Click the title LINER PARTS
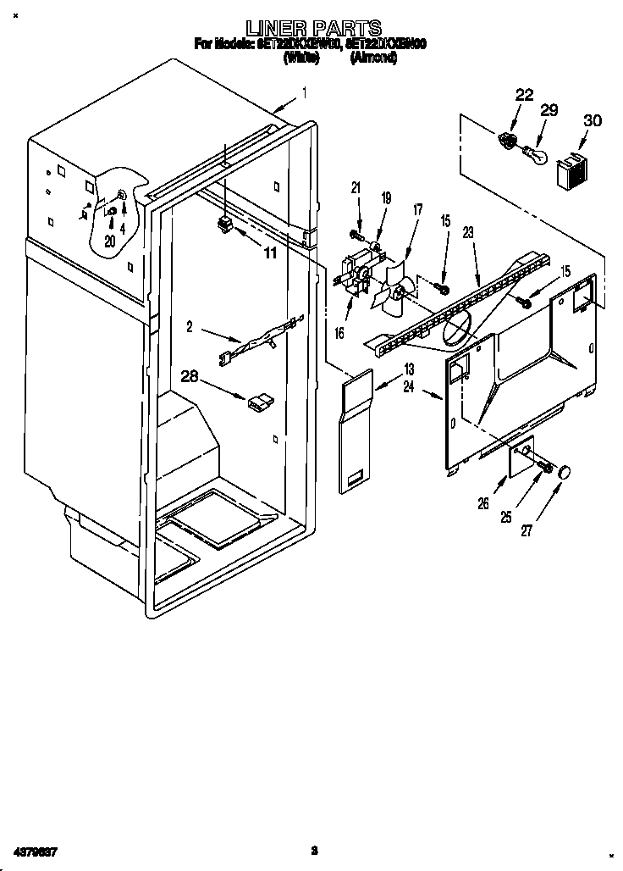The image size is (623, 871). pos(312,28)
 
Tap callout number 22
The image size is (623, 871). pos(524,95)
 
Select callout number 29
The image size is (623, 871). pos(549,110)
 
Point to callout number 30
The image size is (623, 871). pos(592,121)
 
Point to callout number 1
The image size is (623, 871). pos(304,93)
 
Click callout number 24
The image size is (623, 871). pos(410,388)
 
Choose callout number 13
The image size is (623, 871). pos(409,369)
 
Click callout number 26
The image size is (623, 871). pos(483,502)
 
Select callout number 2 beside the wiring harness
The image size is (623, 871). pos(190,325)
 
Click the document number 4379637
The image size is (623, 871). pos(35,850)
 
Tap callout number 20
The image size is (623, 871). pos(109,241)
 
